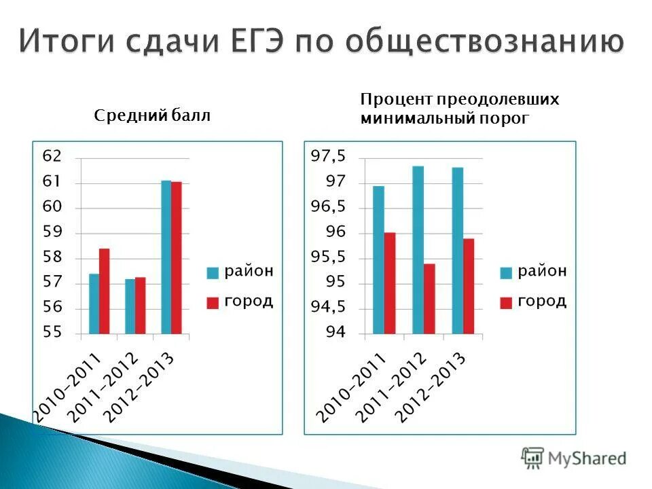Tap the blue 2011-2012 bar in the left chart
(130, 306)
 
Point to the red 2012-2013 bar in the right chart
(469, 286)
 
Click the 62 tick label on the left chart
(52, 156)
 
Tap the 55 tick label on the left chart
(52, 333)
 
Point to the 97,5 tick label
(328, 157)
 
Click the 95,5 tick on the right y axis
(328, 257)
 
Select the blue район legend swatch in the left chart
(213, 273)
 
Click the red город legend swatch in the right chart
(505, 303)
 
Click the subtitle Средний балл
(152, 116)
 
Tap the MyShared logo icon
(532, 458)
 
